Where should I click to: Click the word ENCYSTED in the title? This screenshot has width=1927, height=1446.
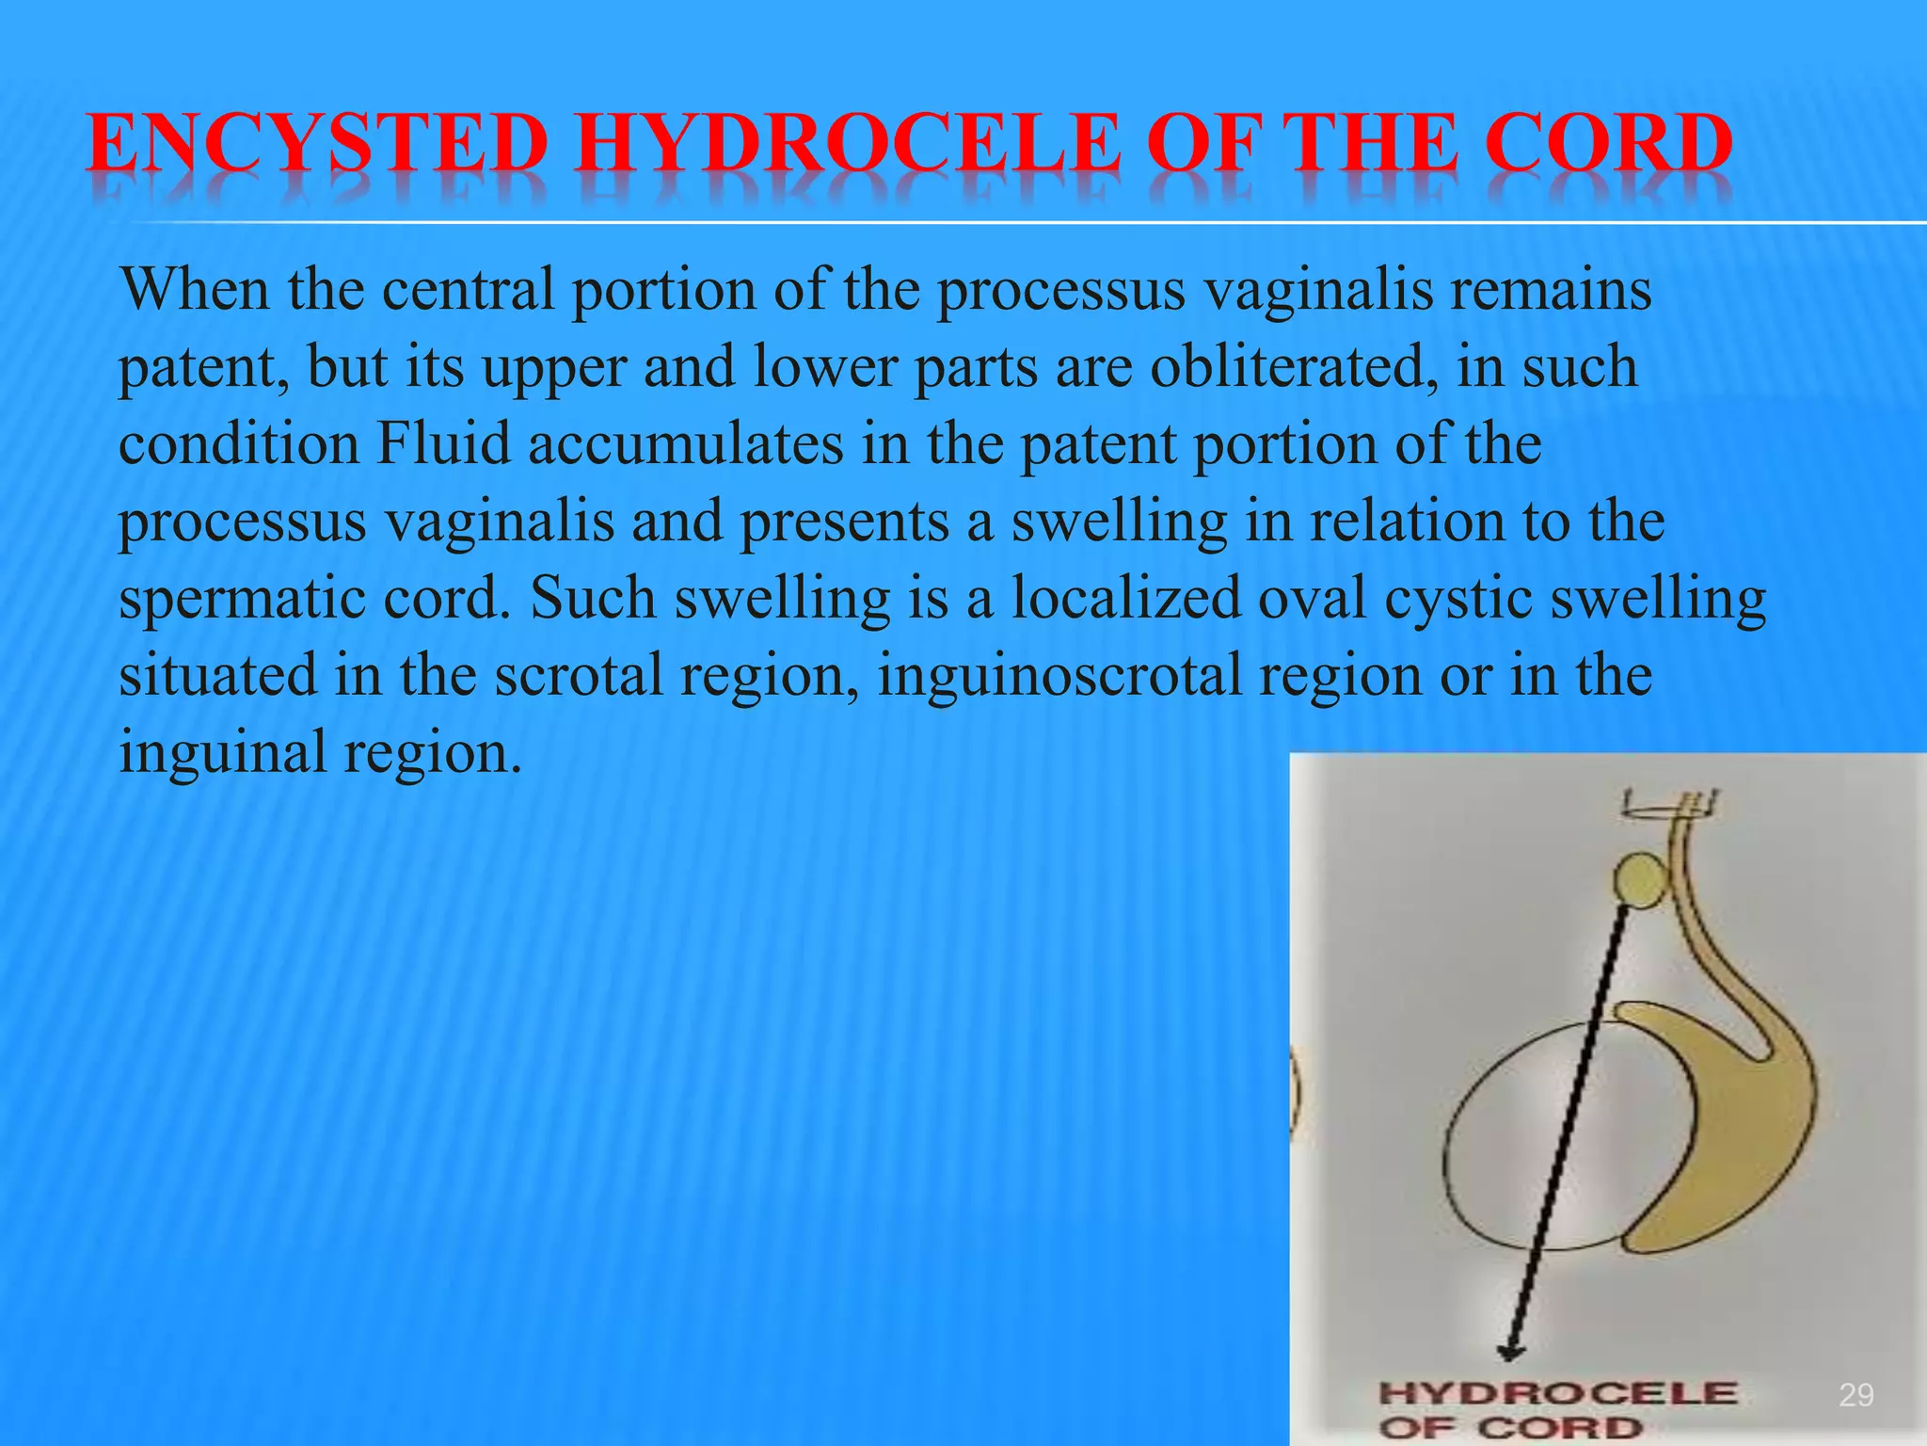pyautogui.click(x=316, y=144)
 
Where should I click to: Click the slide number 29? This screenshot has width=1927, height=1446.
pyautogui.click(x=1855, y=1394)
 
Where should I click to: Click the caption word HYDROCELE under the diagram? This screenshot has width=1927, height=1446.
pyautogui.click(x=1557, y=1393)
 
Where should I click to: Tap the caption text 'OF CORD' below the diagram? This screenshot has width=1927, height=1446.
pyautogui.click(x=1510, y=1428)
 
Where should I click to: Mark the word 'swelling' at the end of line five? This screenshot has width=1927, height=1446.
pyautogui.click(x=1658, y=599)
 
